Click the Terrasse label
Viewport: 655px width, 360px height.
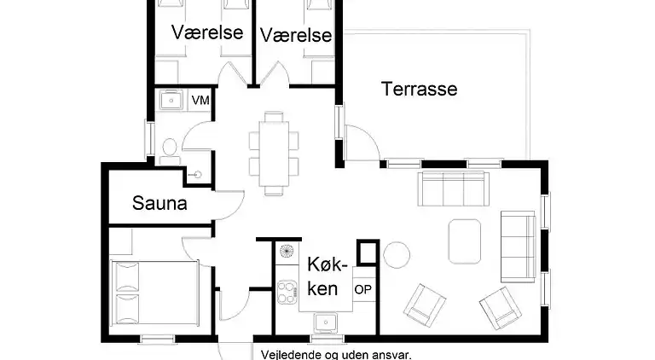tap(419, 89)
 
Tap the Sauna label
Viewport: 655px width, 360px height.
tap(159, 204)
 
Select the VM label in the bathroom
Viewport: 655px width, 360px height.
tap(200, 101)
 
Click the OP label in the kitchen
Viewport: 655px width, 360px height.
tap(362, 289)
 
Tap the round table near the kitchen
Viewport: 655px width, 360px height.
tap(397, 254)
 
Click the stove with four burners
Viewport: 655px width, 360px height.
tap(285, 292)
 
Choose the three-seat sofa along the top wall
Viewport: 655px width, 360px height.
tap(451, 189)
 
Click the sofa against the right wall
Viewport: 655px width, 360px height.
tap(517, 246)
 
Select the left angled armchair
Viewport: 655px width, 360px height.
tap(425, 304)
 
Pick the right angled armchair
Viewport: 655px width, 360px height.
tap(501, 307)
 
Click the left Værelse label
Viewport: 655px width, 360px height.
tap(207, 32)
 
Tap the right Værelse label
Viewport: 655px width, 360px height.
tap(295, 35)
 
